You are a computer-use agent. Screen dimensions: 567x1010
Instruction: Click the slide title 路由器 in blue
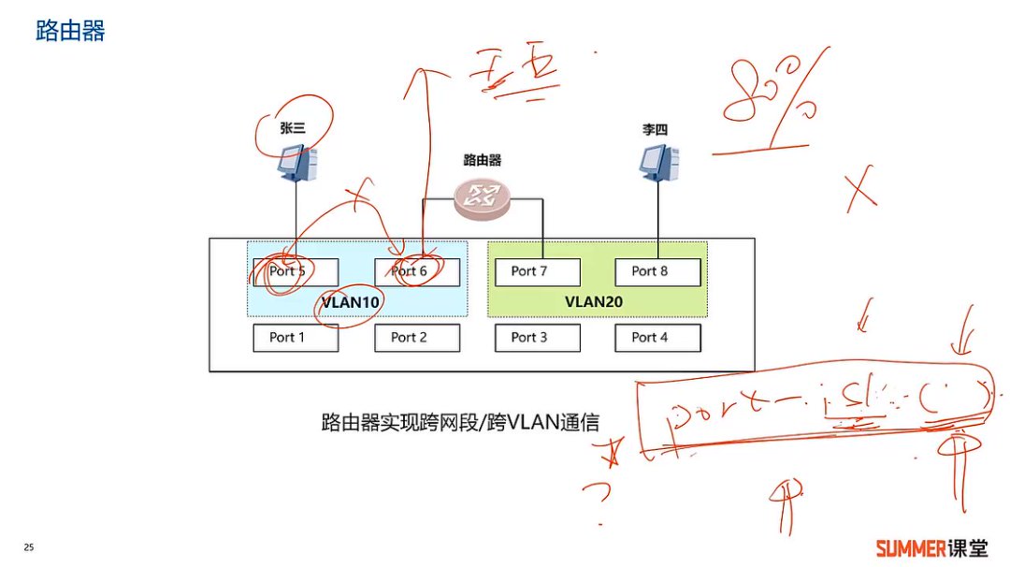pyautogui.click(x=70, y=31)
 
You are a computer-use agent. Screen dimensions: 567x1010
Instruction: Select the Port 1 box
pyautogui.click(x=296, y=338)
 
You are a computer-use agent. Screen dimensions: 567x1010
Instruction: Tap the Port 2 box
pyautogui.click(x=417, y=338)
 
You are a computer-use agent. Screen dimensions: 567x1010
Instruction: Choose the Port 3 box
pyautogui.click(x=538, y=338)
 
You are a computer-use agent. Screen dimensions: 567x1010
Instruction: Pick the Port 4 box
pyautogui.click(x=657, y=338)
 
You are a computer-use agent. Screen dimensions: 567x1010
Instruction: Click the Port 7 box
pyautogui.click(x=538, y=271)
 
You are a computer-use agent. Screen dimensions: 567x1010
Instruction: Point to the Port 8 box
pyautogui.click(x=657, y=271)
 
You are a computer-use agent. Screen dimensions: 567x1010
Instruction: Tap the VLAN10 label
pyautogui.click(x=353, y=303)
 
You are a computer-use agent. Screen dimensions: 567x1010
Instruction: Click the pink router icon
pyautogui.click(x=483, y=196)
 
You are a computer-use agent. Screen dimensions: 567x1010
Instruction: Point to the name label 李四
pyautogui.click(x=655, y=130)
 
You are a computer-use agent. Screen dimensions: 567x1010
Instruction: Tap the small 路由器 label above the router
pyautogui.click(x=483, y=161)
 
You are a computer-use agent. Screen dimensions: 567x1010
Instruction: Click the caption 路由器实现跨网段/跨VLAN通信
pyautogui.click(x=459, y=422)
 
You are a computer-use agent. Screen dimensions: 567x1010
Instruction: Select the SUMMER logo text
pyautogui.click(x=912, y=547)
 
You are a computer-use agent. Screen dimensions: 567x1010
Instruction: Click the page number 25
pyautogui.click(x=29, y=547)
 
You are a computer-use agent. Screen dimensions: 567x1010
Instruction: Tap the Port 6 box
pyautogui.click(x=417, y=271)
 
